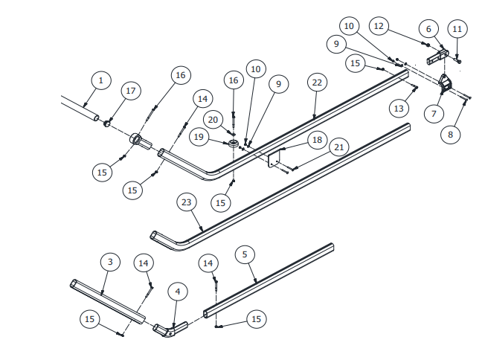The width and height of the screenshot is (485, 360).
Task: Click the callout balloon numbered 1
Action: click(x=101, y=80)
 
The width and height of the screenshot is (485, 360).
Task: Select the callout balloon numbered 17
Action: click(x=131, y=91)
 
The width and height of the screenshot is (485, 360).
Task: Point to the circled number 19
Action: click(x=198, y=137)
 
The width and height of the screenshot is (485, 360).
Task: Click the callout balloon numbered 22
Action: click(x=317, y=82)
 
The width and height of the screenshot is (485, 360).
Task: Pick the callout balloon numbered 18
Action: click(x=317, y=140)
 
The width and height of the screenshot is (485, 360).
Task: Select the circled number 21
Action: click(x=339, y=147)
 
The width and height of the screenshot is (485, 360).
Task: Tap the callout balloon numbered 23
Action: click(x=187, y=202)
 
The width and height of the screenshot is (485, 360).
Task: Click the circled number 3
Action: click(x=110, y=262)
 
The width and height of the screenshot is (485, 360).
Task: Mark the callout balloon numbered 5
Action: click(x=245, y=254)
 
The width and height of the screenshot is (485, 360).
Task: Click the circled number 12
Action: click(x=379, y=26)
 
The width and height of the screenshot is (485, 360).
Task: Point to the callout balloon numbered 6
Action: click(x=428, y=29)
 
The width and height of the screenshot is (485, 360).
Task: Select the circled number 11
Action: click(x=457, y=29)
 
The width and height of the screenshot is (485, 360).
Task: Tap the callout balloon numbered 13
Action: click(x=399, y=109)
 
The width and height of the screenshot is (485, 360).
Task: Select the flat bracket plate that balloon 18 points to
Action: click(x=273, y=158)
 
